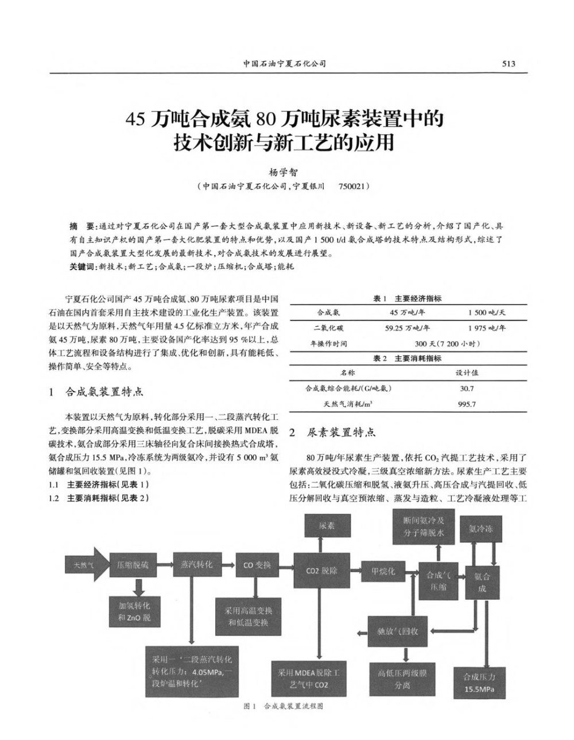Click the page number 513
coord(509,64)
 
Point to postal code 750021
coord(354,187)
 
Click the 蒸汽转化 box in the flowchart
coord(196,564)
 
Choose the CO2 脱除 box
coord(321,571)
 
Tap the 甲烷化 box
coord(383,571)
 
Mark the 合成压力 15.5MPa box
coord(479,683)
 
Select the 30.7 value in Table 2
coord(467,388)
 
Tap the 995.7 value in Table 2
coord(467,404)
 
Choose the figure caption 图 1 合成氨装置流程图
coord(284,706)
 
